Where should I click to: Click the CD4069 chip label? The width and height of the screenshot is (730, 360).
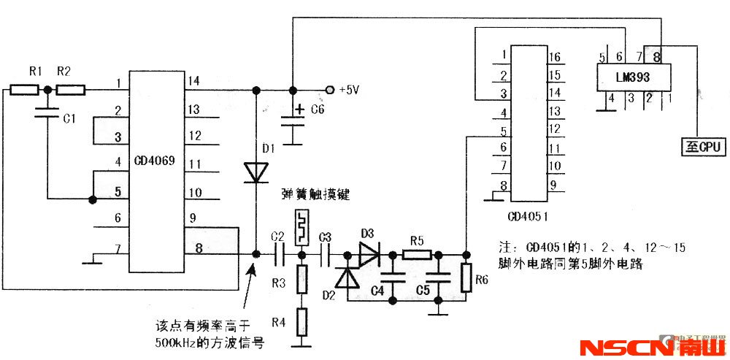point(153,160)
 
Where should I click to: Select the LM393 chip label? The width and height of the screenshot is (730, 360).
point(633,76)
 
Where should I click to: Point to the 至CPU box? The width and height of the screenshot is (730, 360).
point(702,146)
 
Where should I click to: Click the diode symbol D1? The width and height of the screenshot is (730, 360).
point(256,172)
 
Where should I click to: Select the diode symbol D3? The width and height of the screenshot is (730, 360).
point(369,254)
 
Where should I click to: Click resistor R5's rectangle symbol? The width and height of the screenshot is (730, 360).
point(417,254)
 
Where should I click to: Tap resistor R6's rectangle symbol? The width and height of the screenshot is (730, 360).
point(465,279)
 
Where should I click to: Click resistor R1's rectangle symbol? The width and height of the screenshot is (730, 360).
point(25,90)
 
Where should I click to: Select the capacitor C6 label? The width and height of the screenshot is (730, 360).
point(318,110)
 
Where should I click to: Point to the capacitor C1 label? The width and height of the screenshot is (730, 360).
point(68,119)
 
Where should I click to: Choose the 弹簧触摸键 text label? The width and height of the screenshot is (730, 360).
point(316,195)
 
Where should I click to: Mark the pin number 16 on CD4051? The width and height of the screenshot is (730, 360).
point(554,57)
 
